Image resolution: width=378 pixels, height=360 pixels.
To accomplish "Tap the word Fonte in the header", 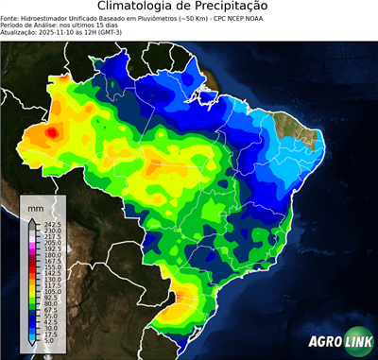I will [9, 17].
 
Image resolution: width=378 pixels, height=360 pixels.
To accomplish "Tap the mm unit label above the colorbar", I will [36, 207].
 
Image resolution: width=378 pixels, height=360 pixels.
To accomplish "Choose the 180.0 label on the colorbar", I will [52, 255].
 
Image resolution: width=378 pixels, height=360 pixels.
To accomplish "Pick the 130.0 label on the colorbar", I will [52, 280].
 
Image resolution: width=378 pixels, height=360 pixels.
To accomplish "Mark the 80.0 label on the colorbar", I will [52, 303].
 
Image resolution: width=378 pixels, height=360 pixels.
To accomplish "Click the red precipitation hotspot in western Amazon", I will [52, 133].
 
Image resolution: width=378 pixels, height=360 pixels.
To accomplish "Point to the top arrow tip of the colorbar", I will [33, 220].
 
